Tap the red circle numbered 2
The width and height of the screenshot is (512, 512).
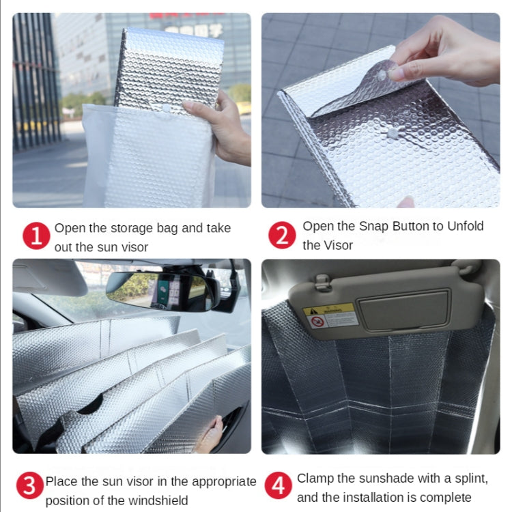tap(281, 236)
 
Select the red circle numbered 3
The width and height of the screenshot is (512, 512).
tap(29, 487)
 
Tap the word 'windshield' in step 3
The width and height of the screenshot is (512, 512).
tap(156, 500)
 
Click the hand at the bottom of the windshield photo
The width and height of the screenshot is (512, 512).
tap(210, 436)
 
